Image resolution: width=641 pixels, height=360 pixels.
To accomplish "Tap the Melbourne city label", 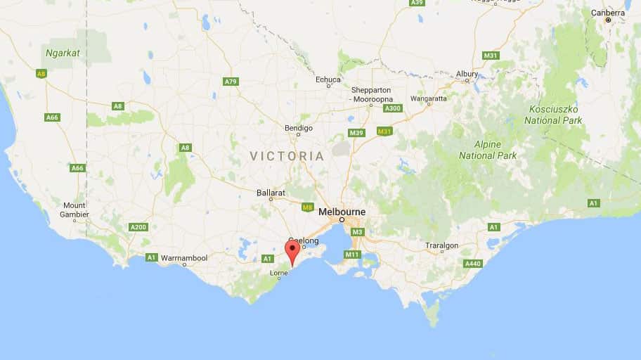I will click(x=342, y=211).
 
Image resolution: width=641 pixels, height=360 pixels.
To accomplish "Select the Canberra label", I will click(x=608, y=13).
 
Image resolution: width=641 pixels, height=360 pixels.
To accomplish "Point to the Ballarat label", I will click(x=270, y=191).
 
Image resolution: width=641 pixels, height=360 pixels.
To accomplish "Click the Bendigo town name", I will click(x=298, y=128).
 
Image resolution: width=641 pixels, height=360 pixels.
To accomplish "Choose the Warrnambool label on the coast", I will click(x=184, y=258).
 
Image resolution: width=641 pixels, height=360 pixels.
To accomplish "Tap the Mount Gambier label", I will click(x=75, y=210).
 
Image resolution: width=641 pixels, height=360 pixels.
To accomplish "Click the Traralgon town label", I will click(x=441, y=245).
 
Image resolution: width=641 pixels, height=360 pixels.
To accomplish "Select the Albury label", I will click(x=467, y=74).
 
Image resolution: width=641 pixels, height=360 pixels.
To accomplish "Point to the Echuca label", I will click(x=328, y=79).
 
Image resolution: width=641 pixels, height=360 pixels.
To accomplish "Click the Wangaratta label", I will click(x=429, y=99).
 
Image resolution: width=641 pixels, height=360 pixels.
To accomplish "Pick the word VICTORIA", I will click(x=287, y=156).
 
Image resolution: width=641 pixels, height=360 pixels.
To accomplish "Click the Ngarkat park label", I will click(x=61, y=52).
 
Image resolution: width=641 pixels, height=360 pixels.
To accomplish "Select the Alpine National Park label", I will click(x=488, y=150).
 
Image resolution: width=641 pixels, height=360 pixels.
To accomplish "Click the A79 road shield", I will click(x=231, y=82).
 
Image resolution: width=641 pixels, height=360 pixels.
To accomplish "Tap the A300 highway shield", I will click(x=393, y=108).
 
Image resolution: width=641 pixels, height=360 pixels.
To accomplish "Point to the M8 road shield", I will click(x=307, y=207).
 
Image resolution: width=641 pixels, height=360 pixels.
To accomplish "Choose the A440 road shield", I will click(x=473, y=263).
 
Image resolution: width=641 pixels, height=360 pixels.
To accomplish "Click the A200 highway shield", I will click(x=138, y=226).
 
